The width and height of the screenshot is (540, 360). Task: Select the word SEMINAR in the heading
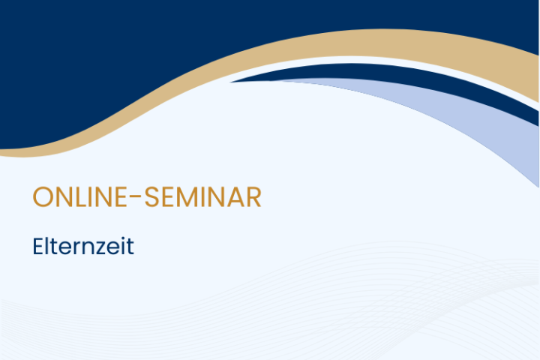coord(202,197)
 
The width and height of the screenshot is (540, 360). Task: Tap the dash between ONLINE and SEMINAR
coord(136,196)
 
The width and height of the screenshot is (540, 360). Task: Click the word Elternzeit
coord(83,246)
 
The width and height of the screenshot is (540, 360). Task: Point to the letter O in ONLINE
coord(43,197)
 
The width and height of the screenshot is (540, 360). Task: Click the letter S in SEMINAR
coord(151,197)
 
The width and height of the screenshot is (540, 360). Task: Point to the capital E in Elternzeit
coord(38,246)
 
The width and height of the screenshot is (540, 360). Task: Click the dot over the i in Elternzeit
coord(124,238)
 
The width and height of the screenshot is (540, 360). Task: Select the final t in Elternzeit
coord(130,247)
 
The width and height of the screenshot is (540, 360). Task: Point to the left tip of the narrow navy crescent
coord(231,82)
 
